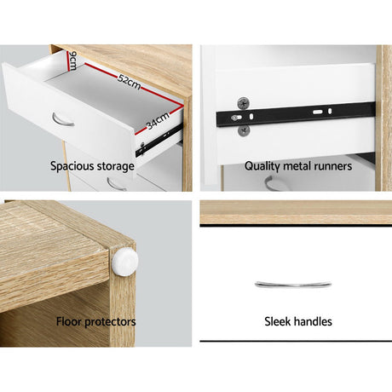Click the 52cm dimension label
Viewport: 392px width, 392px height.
point(129,82)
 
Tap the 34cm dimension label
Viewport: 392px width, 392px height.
point(158,120)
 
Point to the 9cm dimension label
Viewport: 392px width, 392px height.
point(72,61)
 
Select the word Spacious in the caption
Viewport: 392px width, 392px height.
point(71,166)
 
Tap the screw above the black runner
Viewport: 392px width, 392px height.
point(244,103)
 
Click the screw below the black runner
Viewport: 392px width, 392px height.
point(244,130)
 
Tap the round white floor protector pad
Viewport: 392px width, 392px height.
point(125,261)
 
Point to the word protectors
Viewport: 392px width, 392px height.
point(110,322)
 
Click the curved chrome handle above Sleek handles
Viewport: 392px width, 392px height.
point(293,285)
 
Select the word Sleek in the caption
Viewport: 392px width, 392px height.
point(278,321)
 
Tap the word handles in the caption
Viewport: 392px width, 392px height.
point(313,321)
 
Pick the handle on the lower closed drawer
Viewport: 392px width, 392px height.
point(117,184)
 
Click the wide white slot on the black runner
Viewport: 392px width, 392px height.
point(318,112)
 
